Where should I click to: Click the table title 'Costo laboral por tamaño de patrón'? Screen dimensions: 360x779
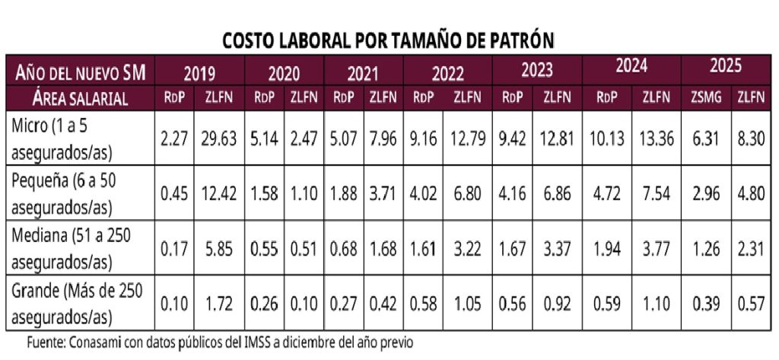coord(389,39)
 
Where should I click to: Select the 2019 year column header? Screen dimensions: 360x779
coord(200,73)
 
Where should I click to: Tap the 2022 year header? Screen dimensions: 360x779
coord(448,73)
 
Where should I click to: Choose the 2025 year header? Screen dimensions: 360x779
coord(726,67)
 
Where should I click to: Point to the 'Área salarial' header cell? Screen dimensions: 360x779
coord(80,97)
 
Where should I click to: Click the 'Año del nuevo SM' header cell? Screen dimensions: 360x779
coord(80,73)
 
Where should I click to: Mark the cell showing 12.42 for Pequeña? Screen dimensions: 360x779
coord(220,193)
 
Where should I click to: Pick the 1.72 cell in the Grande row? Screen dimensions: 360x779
coord(220,301)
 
